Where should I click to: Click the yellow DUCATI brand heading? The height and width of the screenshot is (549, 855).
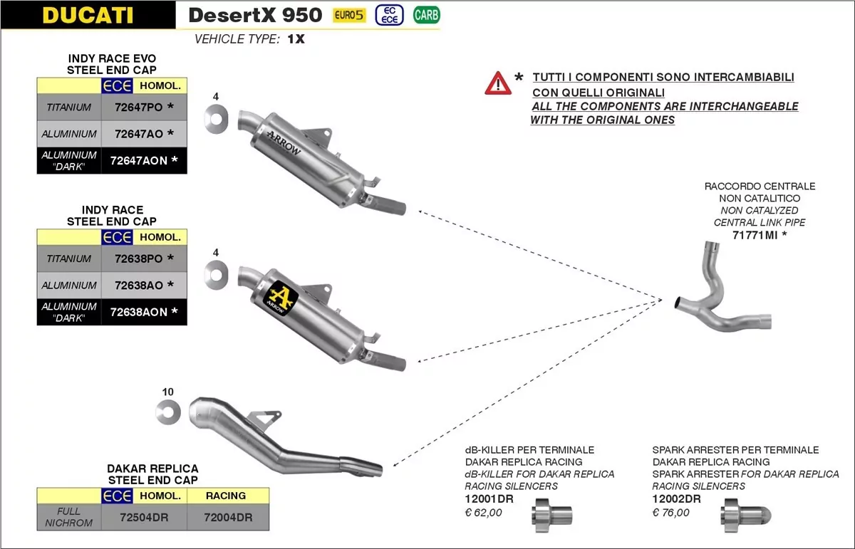pyautogui.click(x=88, y=15)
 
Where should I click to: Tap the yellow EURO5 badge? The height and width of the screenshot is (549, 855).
pyautogui.click(x=348, y=15)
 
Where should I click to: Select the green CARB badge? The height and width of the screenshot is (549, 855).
pyautogui.click(x=426, y=15)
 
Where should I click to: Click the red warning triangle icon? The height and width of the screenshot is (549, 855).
pyautogui.click(x=498, y=84)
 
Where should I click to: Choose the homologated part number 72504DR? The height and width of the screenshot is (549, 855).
pyautogui.click(x=144, y=518)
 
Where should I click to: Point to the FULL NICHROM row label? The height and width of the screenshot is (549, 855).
pyautogui.click(x=69, y=517)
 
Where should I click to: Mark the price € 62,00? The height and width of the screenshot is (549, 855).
pyautogui.click(x=484, y=512)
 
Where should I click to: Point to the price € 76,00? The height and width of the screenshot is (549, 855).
pyautogui.click(x=671, y=512)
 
